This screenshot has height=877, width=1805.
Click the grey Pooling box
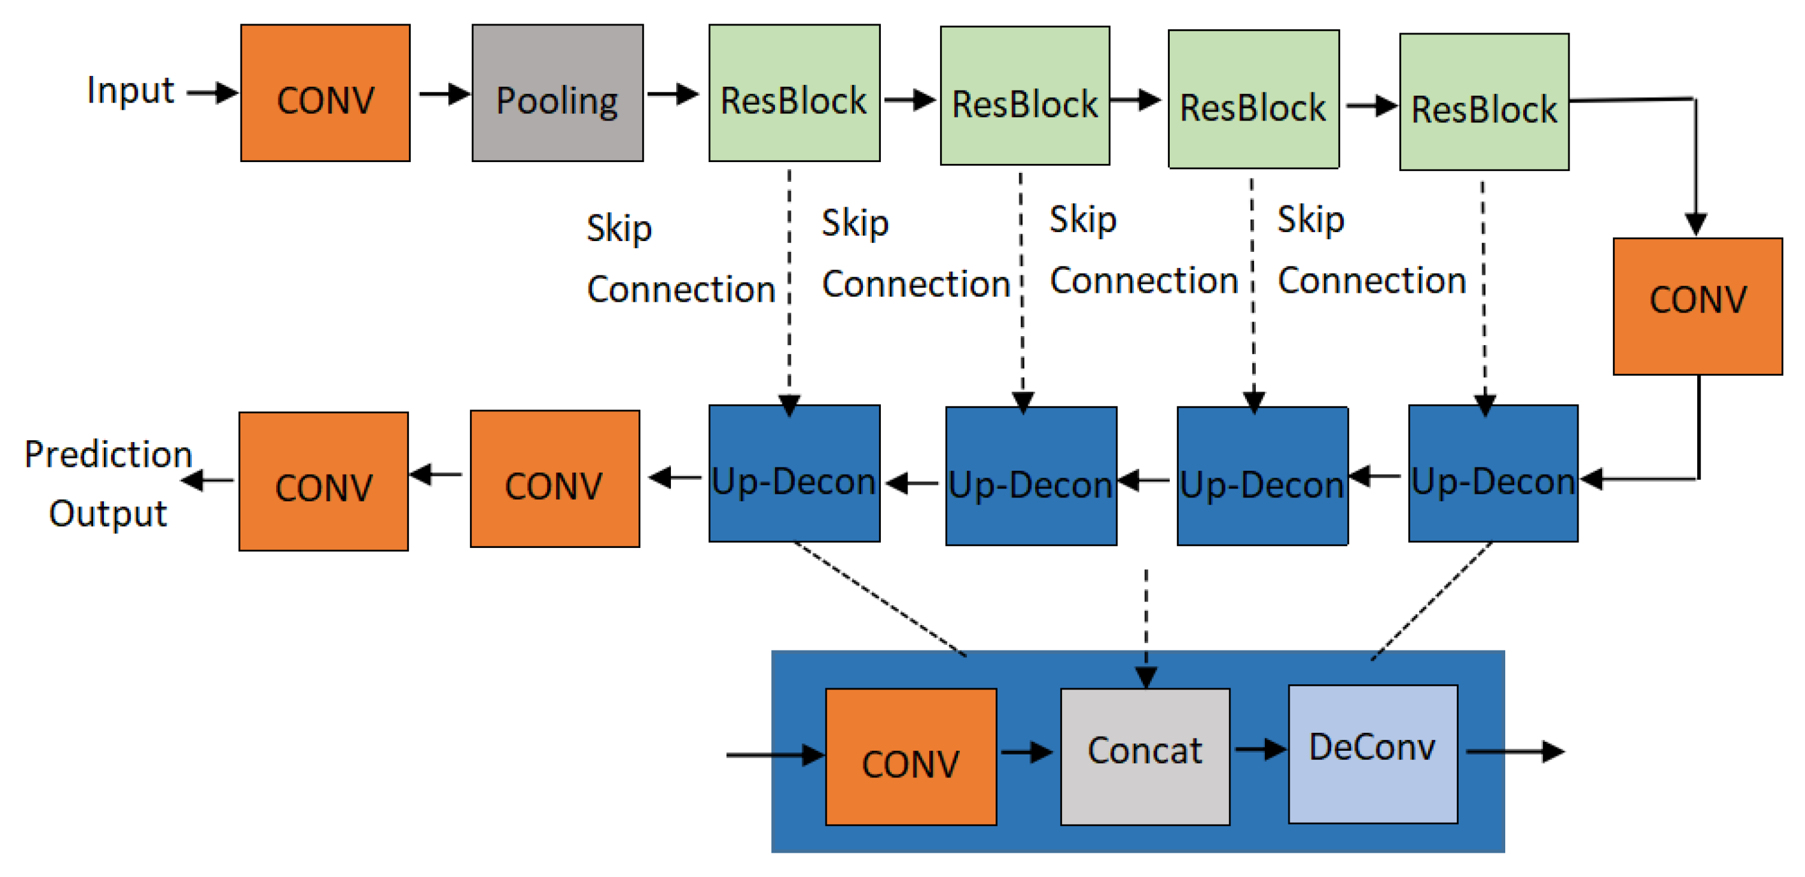557,93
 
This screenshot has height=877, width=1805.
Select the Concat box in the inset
1145,756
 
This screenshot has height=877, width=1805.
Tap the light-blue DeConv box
1373,754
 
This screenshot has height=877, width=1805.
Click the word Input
130,91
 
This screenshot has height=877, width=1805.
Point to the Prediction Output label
108,483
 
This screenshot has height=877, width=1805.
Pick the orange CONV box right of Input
325,93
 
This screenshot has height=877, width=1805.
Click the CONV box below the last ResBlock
1697,306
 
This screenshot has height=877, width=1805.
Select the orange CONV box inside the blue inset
910,756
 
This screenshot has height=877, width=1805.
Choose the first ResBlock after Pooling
794,93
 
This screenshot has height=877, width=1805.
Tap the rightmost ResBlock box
1484,102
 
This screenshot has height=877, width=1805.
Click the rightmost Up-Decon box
1493,473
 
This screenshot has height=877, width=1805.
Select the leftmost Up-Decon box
794,473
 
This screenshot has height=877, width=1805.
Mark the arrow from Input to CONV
212,92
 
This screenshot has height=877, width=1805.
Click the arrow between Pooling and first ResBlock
673,93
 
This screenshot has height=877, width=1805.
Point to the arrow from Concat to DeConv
1259,749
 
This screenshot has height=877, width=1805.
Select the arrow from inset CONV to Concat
1026,753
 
